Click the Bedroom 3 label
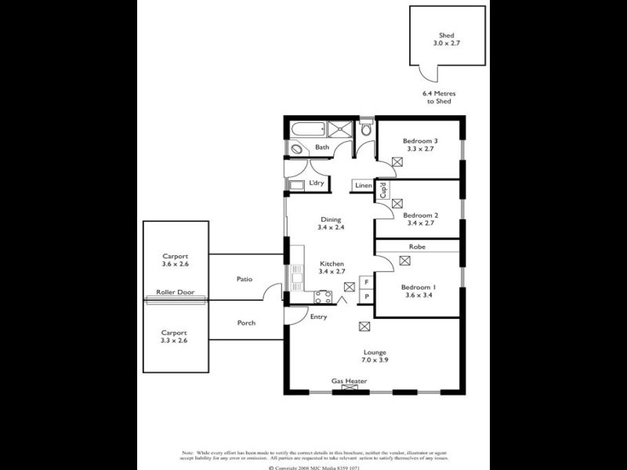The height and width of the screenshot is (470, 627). (422, 141)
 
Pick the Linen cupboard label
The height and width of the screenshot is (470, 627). (363, 186)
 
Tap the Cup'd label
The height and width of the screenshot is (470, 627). (382, 190)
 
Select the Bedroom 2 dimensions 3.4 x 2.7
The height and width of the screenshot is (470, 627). (421, 223)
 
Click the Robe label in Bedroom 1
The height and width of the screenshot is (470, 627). (417, 246)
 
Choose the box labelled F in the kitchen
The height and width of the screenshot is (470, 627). (366, 282)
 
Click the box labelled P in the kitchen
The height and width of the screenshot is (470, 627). (366, 297)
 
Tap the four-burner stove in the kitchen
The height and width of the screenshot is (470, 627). (323, 296)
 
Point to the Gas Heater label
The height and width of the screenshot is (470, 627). (349, 381)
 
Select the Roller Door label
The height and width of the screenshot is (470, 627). (175, 292)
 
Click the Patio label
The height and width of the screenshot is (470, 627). (245, 279)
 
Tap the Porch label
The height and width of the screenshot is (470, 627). (246, 323)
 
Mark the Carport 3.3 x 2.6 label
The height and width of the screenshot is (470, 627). (175, 336)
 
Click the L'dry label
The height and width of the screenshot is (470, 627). (317, 183)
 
